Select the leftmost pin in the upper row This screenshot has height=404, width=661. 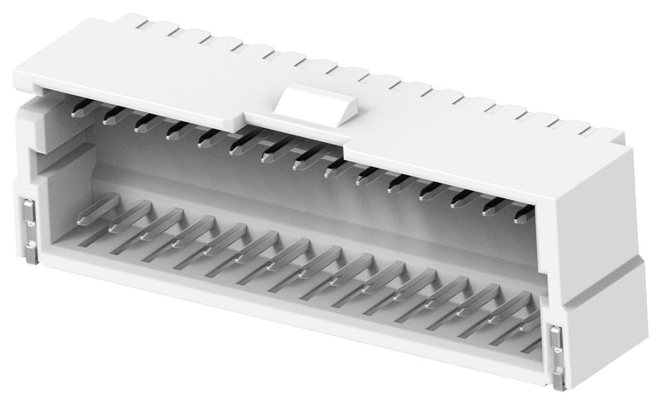click(78, 109)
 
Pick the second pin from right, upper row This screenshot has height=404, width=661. click(489, 207)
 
